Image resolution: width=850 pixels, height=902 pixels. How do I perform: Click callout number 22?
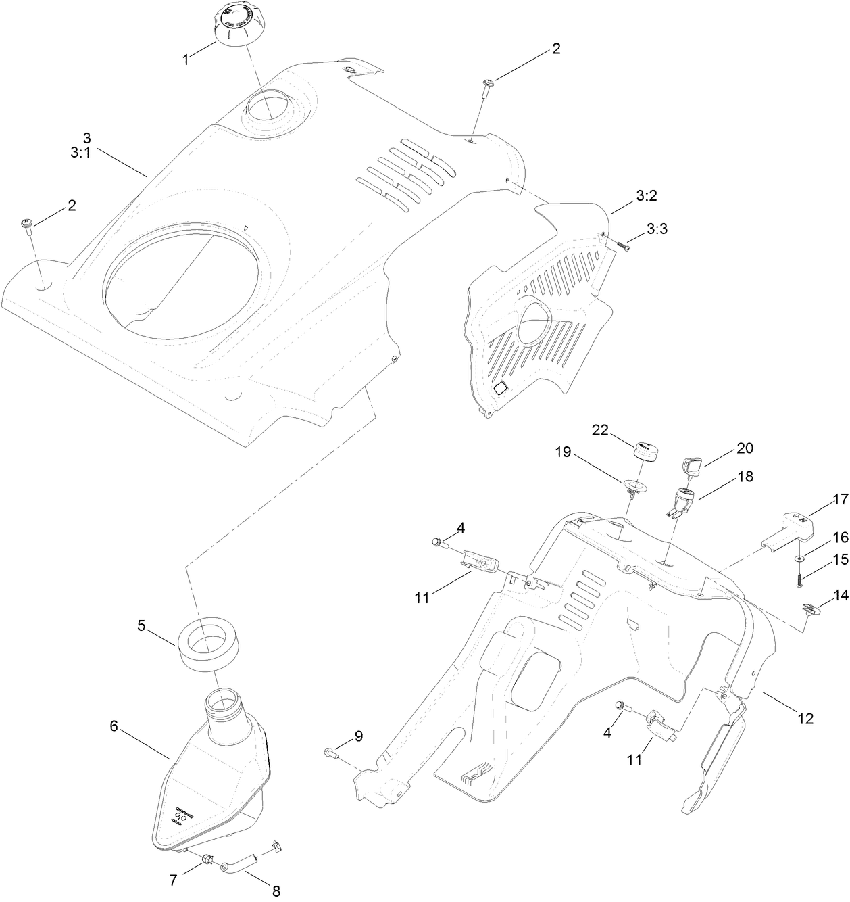[x=601, y=429]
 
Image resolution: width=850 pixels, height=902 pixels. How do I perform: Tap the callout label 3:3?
[x=657, y=229]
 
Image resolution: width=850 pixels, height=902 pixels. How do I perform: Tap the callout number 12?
[x=805, y=717]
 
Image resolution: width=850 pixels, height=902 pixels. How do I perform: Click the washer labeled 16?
[x=800, y=558]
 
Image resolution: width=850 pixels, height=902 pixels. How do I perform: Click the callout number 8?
[x=276, y=891]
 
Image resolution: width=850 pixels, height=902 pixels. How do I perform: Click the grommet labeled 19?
[x=634, y=487]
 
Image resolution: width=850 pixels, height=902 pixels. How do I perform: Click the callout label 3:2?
[x=646, y=196]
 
